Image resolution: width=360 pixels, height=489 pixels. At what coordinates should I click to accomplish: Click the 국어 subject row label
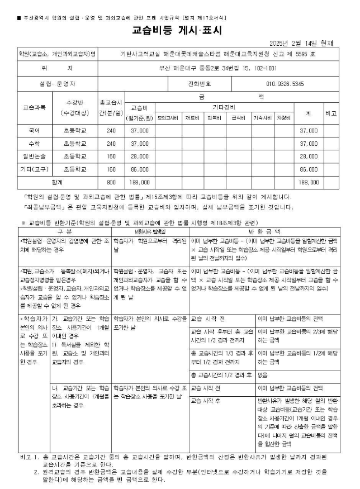[34, 130]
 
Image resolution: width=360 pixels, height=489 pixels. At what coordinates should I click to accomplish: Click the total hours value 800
[111, 182]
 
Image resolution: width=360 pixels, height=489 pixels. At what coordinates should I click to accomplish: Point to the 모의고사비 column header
[168, 118]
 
